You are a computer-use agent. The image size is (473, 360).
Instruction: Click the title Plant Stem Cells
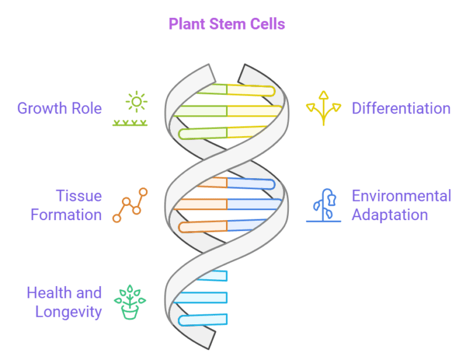[227, 24]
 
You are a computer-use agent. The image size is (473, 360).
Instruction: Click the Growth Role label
[59, 108]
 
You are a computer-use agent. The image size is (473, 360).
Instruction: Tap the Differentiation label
[401, 108]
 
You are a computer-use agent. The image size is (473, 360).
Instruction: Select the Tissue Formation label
[66, 205]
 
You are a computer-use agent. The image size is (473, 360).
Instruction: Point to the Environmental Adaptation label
[401, 205]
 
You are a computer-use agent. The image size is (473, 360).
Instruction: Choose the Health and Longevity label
[64, 302]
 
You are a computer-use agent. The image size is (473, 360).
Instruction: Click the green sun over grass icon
[130, 109]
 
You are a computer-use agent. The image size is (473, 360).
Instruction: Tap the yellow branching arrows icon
[323, 108]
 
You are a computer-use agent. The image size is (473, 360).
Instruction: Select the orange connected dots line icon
[130, 205]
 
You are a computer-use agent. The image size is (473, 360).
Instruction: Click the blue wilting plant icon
[324, 205]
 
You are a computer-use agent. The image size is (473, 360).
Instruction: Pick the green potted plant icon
[130, 302]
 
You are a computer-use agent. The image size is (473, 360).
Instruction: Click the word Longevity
[68, 311]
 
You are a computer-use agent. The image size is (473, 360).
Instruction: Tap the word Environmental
[401, 196]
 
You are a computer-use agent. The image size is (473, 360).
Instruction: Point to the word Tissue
[79, 196]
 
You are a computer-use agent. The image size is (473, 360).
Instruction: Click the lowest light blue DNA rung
[203, 319]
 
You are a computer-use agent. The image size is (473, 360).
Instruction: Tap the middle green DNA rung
[200, 111]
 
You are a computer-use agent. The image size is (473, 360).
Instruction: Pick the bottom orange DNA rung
[203, 226]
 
